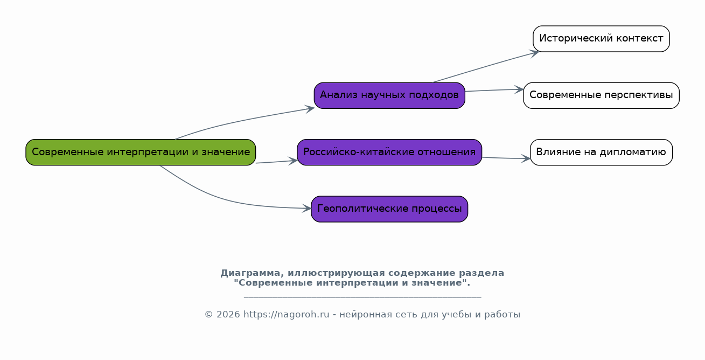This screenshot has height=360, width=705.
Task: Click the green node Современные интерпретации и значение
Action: point(141,152)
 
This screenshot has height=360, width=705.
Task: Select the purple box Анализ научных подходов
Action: point(389,95)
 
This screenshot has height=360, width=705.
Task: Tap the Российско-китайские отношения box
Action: point(389,152)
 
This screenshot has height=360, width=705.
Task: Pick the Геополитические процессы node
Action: point(389,209)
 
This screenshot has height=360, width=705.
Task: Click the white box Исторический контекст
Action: point(601,39)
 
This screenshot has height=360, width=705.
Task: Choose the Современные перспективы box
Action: point(601,95)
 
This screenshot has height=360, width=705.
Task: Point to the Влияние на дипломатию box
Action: point(601,152)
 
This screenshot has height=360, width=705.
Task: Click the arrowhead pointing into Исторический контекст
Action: point(535,53)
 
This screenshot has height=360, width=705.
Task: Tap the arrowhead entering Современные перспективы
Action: point(519,89)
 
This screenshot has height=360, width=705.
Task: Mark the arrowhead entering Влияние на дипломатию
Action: point(526,158)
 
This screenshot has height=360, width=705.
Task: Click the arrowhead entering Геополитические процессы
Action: point(306,208)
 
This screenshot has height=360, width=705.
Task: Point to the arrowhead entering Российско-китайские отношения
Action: point(293,161)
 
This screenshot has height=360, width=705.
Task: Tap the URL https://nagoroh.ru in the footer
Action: point(287,315)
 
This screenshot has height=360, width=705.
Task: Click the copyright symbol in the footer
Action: point(208,315)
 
